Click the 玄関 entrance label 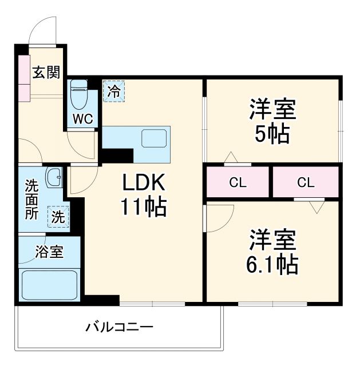tap(46, 73)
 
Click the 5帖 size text tap(272, 134)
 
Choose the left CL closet tap(238, 183)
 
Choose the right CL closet tap(306, 183)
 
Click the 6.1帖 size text tap(272, 264)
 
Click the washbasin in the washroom tap(55, 178)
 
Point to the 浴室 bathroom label tap(49, 250)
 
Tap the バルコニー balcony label tap(120, 328)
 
